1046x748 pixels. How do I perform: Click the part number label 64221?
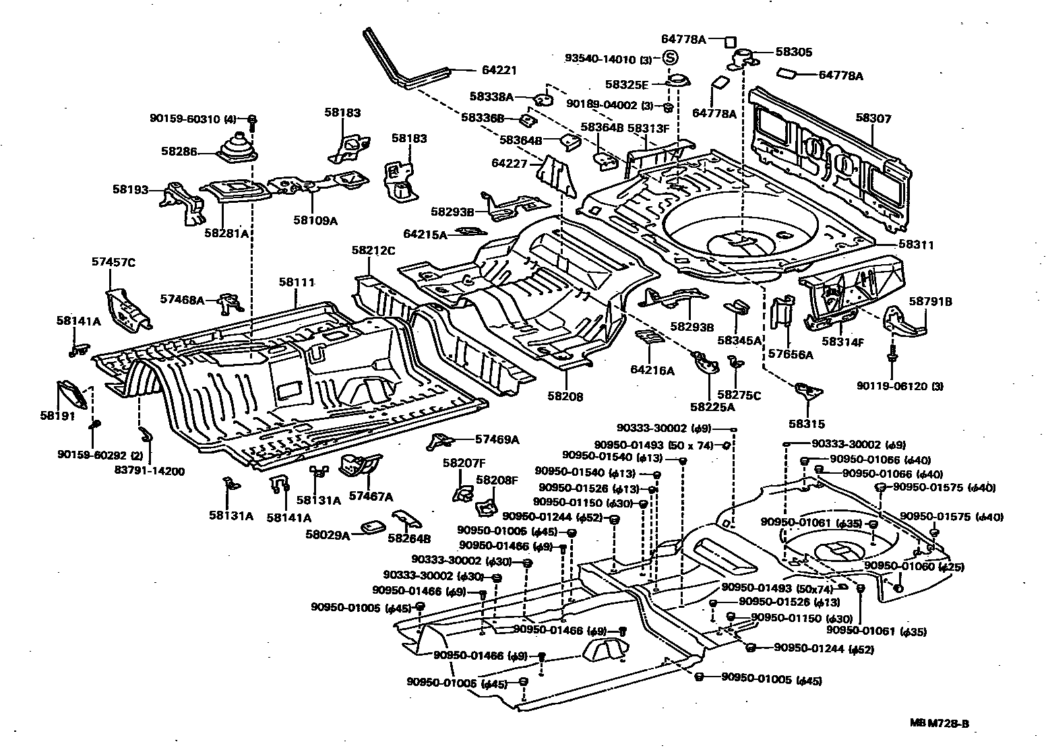[x=499, y=69]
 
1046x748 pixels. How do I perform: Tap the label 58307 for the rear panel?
[x=873, y=119]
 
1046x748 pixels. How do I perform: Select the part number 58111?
[x=297, y=282]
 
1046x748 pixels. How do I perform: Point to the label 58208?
[x=565, y=397]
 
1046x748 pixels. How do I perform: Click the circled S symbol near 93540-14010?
[x=671, y=59]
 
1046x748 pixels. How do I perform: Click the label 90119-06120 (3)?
[x=900, y=386]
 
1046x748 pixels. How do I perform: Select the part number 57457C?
[x=113, y=262]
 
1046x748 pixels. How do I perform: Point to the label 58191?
[x=57, y=416]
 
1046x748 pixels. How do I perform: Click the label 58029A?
[x=328, y=535]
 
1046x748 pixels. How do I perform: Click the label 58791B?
[x=930, y=302]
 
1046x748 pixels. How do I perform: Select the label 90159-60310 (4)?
[x=193, y=119]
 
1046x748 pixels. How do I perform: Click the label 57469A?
[x=497, y=439]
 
